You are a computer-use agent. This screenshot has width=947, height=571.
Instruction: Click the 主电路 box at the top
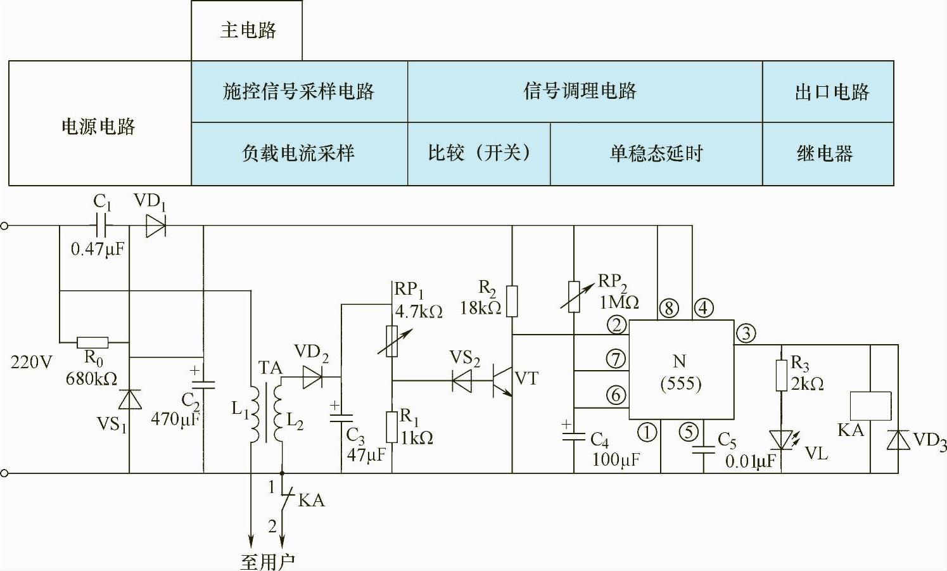(x=247, y=30)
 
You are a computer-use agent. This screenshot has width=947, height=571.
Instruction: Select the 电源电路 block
(x=99, y=125)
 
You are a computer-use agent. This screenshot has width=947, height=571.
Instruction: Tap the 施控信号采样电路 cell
(x=299, y=92)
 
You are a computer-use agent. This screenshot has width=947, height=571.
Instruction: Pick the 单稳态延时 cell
(x=656, y=154)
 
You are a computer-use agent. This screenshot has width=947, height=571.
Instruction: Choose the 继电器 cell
(x=826, y=154)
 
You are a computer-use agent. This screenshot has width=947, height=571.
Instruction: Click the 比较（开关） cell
(x=479, y=154)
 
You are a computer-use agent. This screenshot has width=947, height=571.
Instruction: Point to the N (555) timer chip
(x=681, y=370)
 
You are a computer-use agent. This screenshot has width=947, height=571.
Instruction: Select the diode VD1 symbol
(x=155, y=225)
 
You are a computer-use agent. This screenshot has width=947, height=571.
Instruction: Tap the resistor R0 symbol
(x=92, y=342)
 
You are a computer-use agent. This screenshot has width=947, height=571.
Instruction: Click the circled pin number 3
(x=746, y=333)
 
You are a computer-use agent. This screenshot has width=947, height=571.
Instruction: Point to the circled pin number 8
(x=669, y=309)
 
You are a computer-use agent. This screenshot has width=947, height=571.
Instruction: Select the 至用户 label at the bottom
(x=267, y=561)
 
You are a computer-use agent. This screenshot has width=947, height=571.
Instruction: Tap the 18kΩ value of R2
(x=480, y=309)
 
